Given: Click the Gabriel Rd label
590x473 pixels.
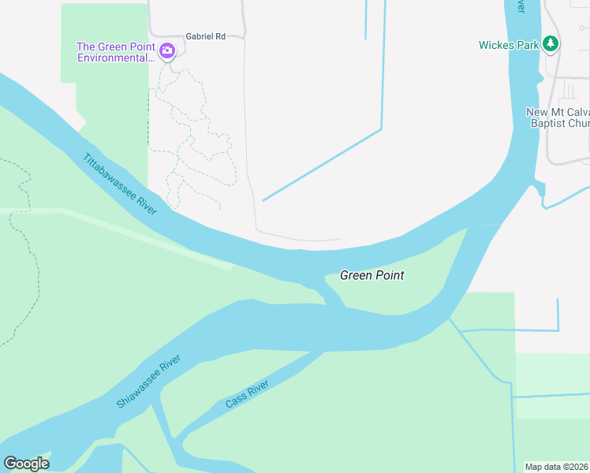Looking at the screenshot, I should [x=205, y=36].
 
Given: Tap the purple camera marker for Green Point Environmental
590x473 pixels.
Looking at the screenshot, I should [x=166, y=52].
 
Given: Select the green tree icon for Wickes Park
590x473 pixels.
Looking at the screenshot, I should [x=551, y=44].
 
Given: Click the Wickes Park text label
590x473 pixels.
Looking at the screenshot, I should [x=509, y=45].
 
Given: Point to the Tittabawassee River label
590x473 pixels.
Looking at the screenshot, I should [x=120, y=182].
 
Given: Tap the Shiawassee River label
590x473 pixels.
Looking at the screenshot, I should [x=148, y=382].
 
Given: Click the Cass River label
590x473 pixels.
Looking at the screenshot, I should [x=247, y=393].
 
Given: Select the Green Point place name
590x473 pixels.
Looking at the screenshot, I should [x=372, y=275].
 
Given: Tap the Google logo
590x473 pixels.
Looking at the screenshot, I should [x=26, y=464].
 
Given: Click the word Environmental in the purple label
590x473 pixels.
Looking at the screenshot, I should [x=115, y=58].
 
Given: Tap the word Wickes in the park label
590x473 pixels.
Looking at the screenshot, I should [x=496, y=45].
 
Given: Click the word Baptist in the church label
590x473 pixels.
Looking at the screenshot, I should [x=547, y=123].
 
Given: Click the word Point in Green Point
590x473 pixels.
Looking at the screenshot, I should [x=390, y=275].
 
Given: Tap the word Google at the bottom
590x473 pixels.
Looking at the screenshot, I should [x=26, y=464].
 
